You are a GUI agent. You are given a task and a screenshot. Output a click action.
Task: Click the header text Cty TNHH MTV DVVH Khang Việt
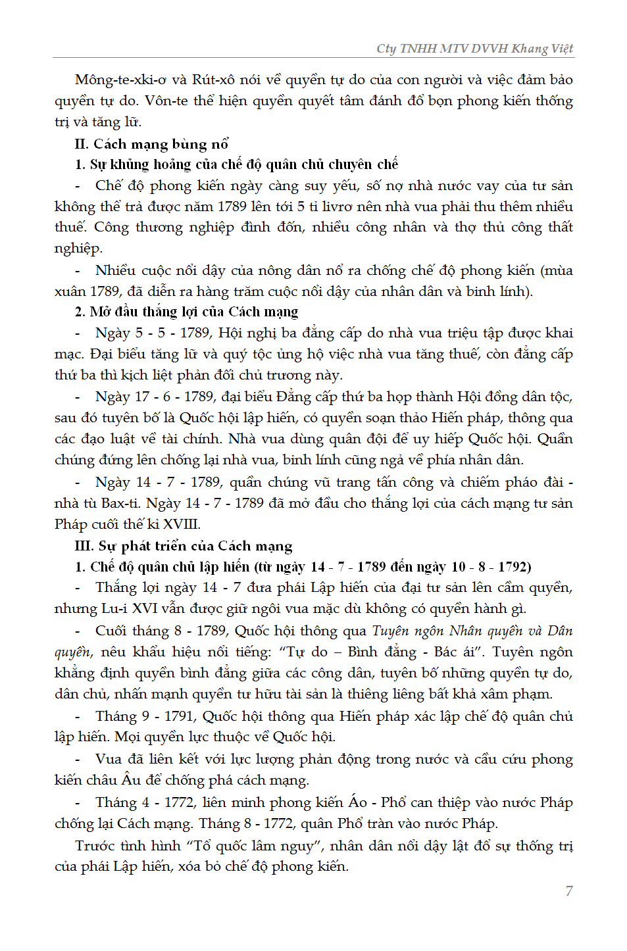tap(474, 49)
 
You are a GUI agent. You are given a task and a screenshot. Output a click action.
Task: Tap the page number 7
tap(569, 891)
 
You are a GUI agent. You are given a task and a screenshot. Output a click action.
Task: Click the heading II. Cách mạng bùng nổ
tap(151, 144)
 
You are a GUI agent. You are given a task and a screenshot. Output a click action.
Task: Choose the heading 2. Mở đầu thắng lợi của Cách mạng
tap(186, 312)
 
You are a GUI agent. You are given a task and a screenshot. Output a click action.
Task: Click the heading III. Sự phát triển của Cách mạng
tap(184, 546)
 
